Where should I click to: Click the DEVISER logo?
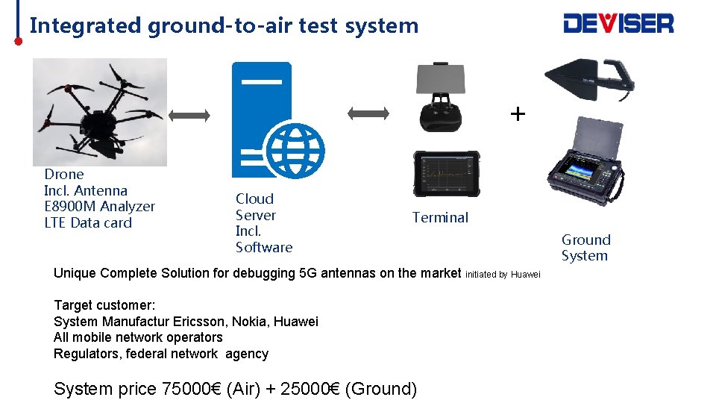(618, 24)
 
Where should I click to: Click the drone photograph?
(99, 112)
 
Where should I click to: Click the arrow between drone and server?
(190, 114)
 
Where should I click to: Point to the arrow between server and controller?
(369, 113)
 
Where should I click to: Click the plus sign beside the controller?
(518, 113)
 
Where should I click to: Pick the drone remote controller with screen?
(445, 98)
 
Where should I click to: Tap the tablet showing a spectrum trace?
(446, 173)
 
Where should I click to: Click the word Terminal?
(440, 218)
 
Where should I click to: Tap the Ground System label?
(585, 248)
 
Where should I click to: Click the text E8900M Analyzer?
(99, 207)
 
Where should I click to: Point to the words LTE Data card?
(88, 222)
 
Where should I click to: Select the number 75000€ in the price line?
(190, 389)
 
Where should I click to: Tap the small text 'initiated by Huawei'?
(502, 275)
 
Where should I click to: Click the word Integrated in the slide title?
(86, 25)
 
